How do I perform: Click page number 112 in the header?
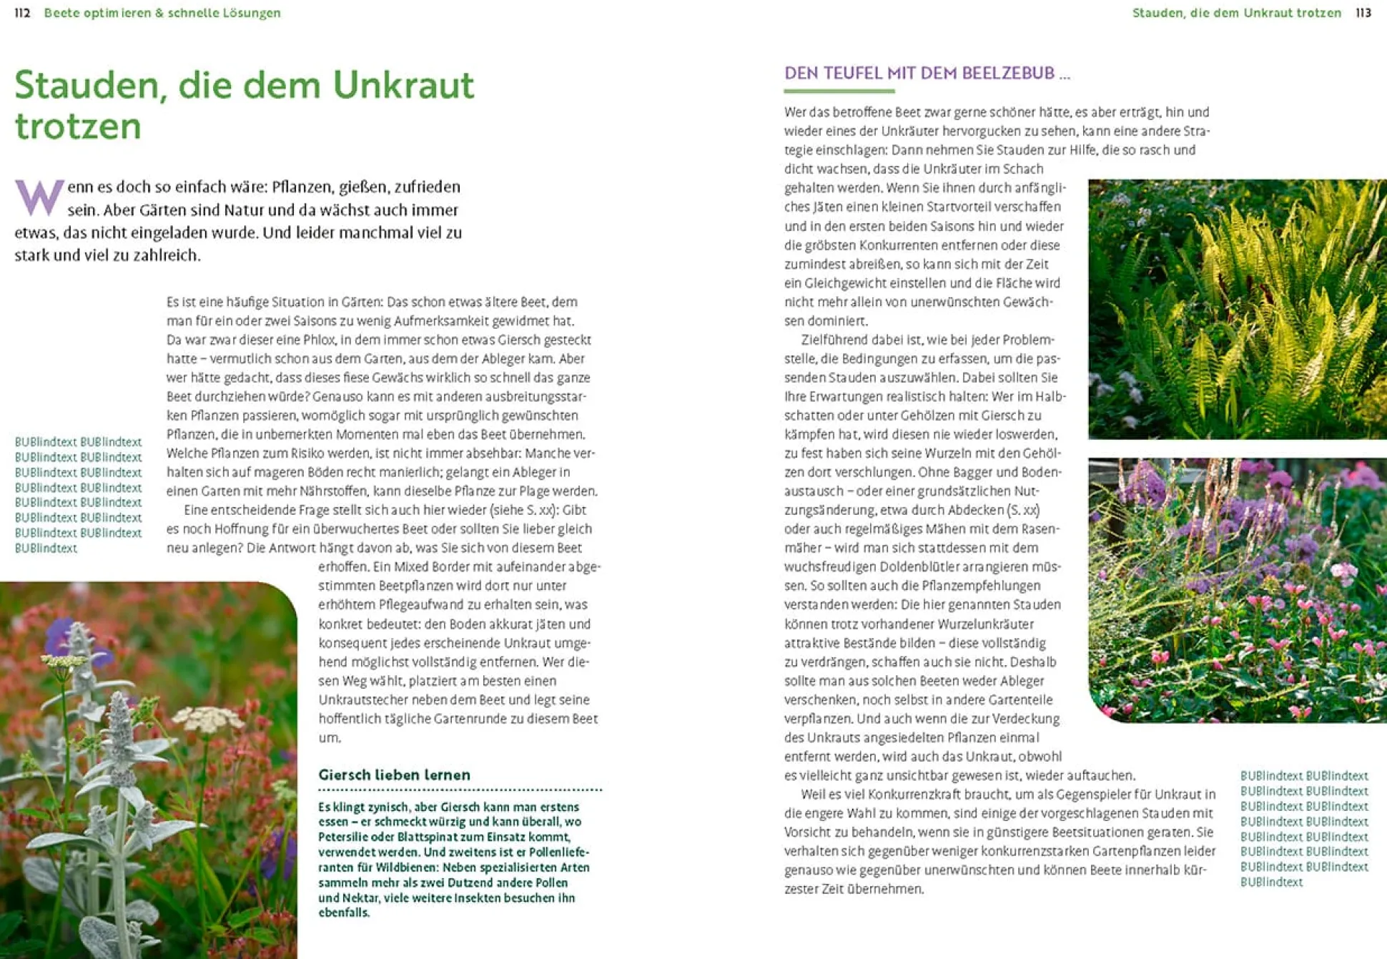(22, 13)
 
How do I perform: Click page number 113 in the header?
(1363, 13)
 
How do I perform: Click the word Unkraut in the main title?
(403, 85)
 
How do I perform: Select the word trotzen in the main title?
(78, 127)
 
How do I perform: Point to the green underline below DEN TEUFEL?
(839, 91)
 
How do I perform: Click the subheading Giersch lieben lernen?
(394, 774)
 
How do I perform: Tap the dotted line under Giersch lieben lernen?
(460, 790)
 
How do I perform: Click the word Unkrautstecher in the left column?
(365, 699)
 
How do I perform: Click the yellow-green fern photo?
(1237, 309)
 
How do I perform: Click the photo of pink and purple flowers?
(1237, 590)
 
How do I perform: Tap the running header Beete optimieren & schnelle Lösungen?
(162, 13)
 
